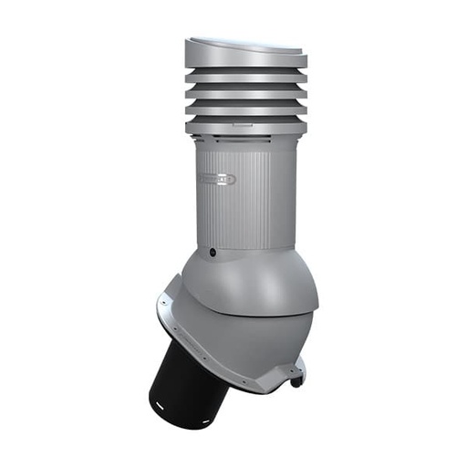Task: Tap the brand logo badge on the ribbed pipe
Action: click(x=217, y=179)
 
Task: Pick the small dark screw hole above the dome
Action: click(x=213, y=251)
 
